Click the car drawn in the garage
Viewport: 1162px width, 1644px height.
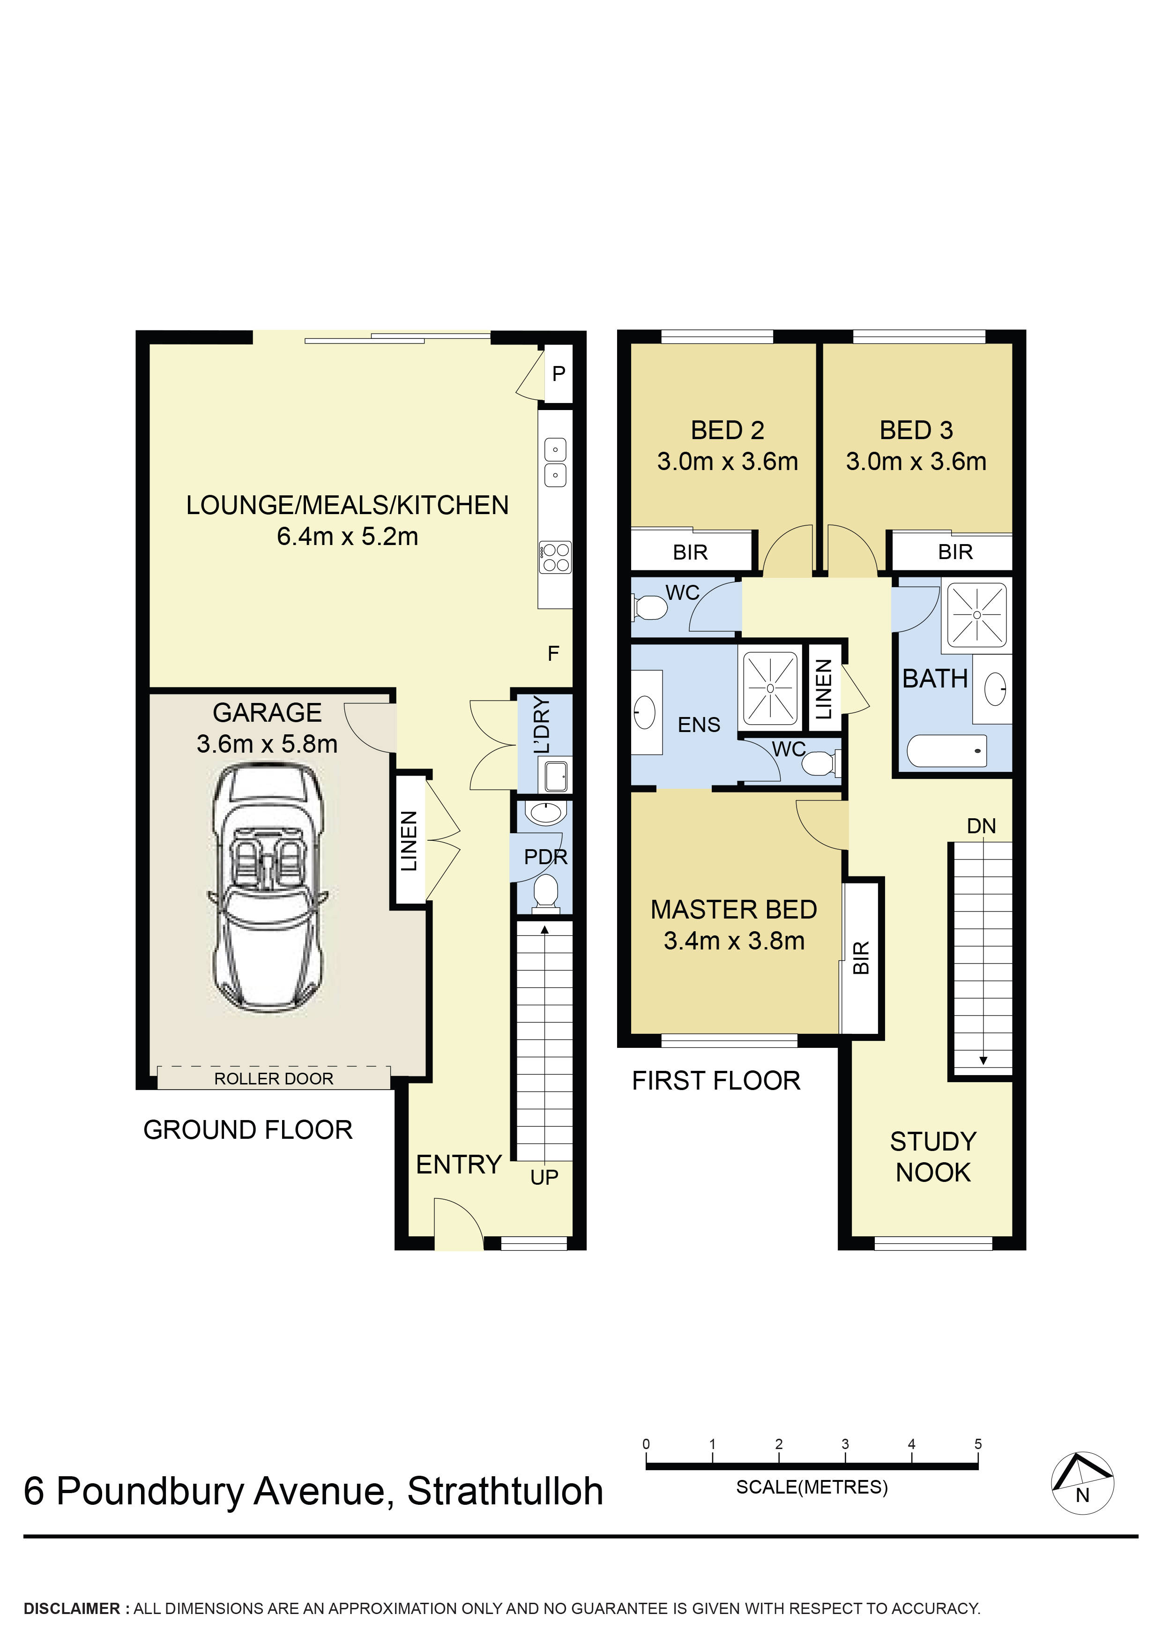tap(267, 888)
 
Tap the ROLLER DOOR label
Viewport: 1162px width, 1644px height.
tap(274, 1078)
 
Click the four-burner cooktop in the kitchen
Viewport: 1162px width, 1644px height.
tap(556, 558)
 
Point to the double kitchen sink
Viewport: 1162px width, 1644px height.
tap(556, 462)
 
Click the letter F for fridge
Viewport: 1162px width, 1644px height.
tap(553, 653)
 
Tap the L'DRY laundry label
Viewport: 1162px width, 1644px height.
tap(542, 724)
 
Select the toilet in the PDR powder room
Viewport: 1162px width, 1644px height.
tap(545, 894)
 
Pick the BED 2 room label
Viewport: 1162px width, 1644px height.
tap(727, 430)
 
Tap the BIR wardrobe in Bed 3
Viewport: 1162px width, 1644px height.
tap(955, 552)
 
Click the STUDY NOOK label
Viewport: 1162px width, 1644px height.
tap(933, 1157)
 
